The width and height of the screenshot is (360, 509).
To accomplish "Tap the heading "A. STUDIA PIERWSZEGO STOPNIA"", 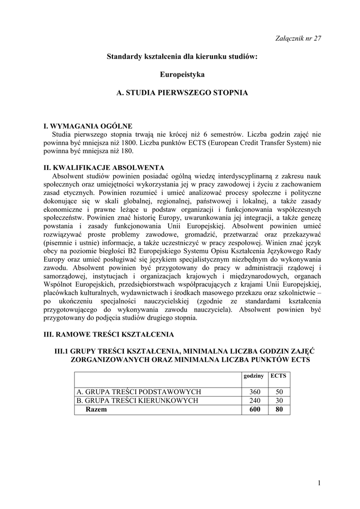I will pos(182,92).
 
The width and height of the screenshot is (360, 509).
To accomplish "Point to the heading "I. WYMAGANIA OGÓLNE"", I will pos(88,126).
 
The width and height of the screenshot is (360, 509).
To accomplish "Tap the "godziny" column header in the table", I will pos(254,376).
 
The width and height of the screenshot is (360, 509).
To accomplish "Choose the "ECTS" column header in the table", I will pos(278,376).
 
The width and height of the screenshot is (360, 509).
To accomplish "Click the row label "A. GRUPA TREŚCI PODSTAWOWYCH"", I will pos(138,392).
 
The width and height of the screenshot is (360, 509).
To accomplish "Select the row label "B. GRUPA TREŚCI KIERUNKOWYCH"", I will pos(137,400).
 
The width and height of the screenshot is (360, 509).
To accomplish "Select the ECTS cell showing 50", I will pos(278,392).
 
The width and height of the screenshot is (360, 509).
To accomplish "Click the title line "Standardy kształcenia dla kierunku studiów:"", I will pos(182,57).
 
